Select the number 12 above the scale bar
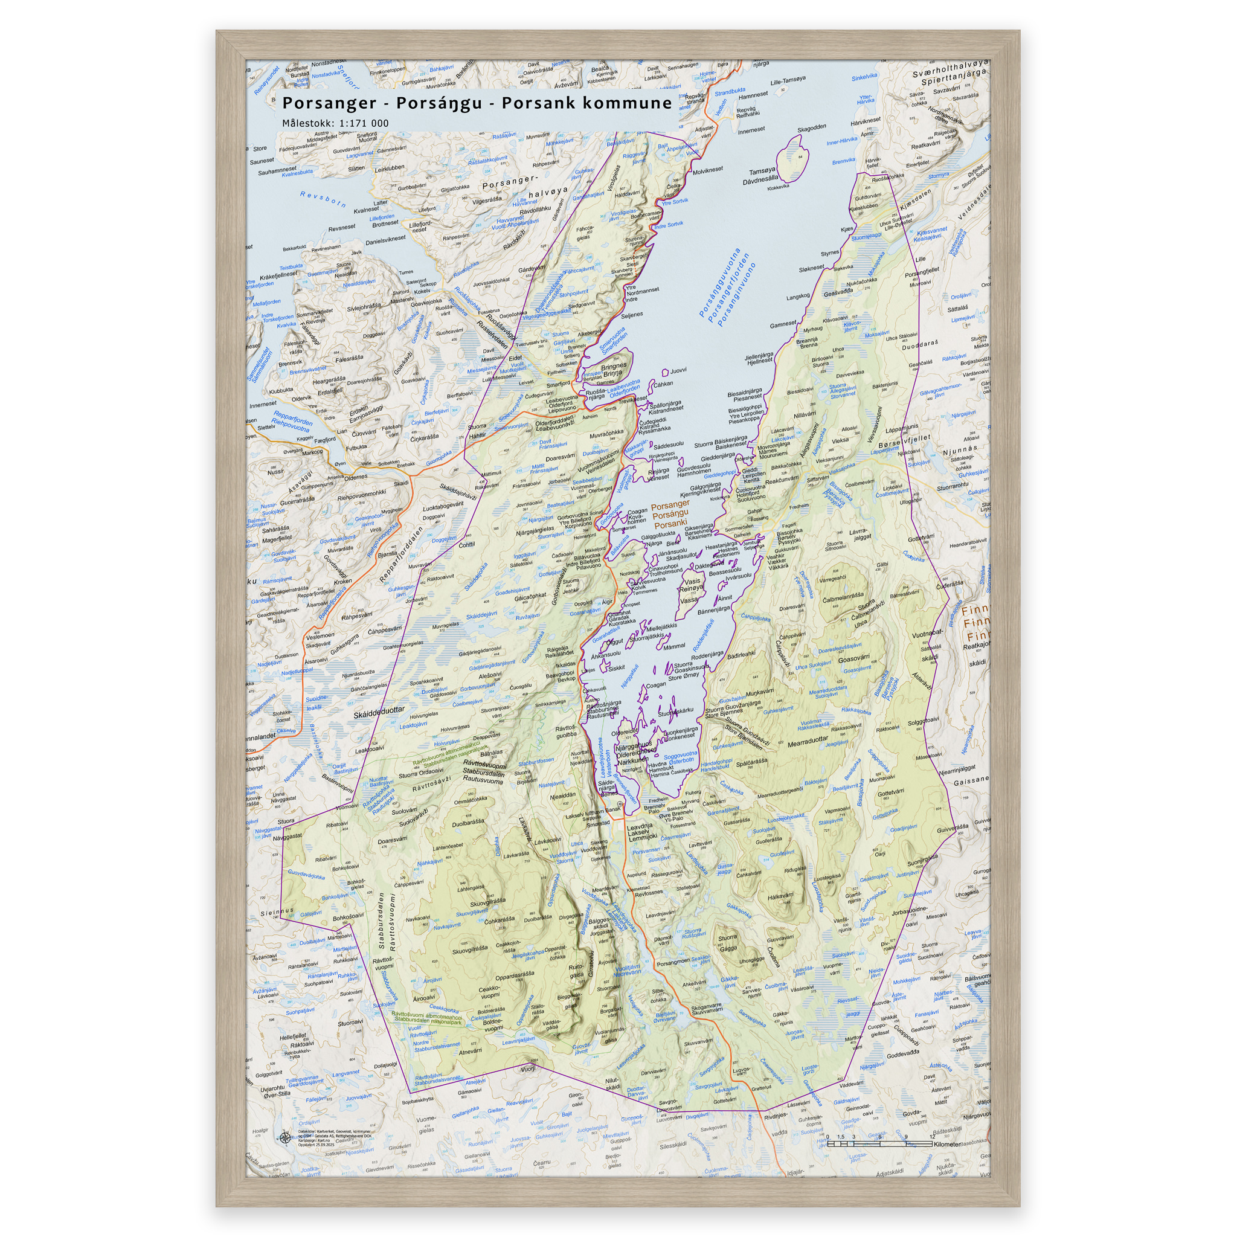click(x=930, y=1137)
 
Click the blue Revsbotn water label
click(x=323, y=199)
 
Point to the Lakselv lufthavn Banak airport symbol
click(x=619, y=804)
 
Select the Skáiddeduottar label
click(x=379, y=711)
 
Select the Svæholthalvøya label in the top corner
click(x=950, y=67)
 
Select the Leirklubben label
click(x=390, y=169)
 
